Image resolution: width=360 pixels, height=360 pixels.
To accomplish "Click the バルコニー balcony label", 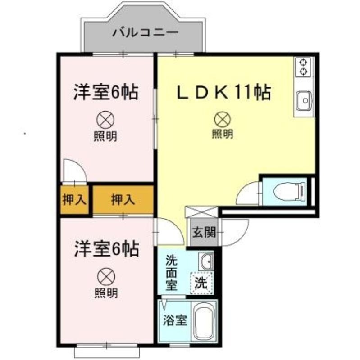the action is tap(145, 32).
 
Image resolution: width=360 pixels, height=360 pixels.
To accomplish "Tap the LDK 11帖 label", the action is tap(224, 93).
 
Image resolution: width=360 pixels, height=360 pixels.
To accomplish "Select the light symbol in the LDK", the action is tap(222, 119).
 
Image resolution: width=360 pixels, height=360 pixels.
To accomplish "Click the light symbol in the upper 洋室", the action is tap(105, 120).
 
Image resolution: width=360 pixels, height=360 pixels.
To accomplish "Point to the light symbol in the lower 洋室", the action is tap(106, 277).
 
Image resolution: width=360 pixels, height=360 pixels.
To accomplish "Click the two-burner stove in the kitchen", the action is tap(303, 67).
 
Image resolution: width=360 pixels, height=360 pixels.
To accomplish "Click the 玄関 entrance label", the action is tap(204, 232).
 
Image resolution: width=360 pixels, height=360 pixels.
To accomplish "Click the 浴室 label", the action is tap(175, 320).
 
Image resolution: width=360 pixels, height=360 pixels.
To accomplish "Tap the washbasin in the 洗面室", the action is tap(206, 261).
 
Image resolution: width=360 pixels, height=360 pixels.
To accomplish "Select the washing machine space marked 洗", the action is tap(201, 283).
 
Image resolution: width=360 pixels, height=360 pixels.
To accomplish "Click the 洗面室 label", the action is tap(172, 273).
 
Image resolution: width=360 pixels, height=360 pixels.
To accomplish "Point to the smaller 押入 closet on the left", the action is tap(74, 199).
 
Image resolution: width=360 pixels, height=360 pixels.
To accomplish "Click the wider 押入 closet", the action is tap(123, 199).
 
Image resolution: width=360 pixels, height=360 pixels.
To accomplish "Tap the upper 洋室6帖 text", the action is tap(106, 92).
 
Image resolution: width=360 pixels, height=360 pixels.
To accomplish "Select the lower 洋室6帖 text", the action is tap(107, 249).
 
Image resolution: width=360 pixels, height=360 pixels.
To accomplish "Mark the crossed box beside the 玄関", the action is tap(201, 212).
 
